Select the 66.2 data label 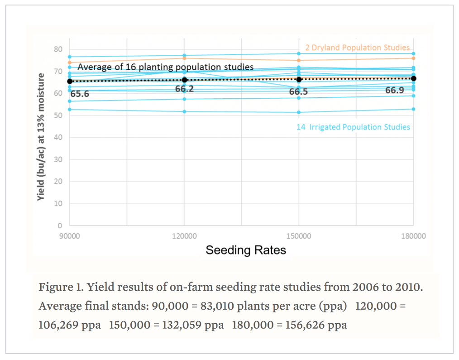click(x=184, y=89)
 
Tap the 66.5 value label click(x=298, y=92)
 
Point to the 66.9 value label click(x=395, y=90)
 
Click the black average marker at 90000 click(x=70, y=82)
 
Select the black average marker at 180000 click(x=414, y=78)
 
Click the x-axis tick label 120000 click(x=184, y=236)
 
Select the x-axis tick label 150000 click(x=299, y=236)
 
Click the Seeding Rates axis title click(x=246, y=250)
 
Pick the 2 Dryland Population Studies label click(x=357, y=48)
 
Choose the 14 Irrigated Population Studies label click(x=353, y=127)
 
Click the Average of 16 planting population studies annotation click(x=165, y=67)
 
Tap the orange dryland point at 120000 click(x=184, y=58)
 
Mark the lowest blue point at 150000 click(x=299, y=112)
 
